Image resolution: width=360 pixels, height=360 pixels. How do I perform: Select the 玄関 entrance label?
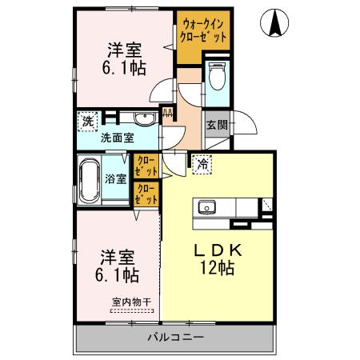click(x=215, y=125)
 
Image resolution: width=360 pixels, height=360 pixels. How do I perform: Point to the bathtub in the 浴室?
click(x=90, y=178)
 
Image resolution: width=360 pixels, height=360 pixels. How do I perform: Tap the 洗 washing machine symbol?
click(x=86, y=122)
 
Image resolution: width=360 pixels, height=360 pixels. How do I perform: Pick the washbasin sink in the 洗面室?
click(x=143, y=121)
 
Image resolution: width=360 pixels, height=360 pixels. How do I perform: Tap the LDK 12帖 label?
click(x=218, y=258)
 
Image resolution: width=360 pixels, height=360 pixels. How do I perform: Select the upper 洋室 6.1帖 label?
click(x=126, y=58)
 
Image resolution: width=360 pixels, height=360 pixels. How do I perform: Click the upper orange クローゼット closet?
click(x=146, y=166)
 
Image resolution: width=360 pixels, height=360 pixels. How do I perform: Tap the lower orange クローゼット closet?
click(x=146, y=194)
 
